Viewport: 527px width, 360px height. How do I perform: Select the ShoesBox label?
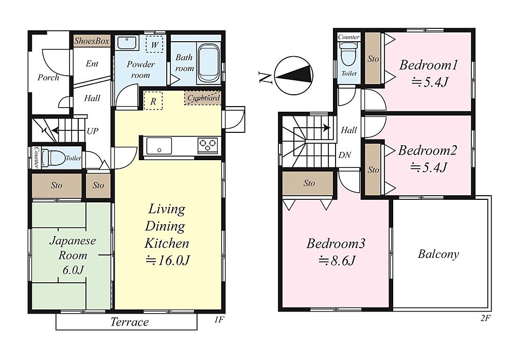coord(92,41)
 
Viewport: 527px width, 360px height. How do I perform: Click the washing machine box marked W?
coord(154,45)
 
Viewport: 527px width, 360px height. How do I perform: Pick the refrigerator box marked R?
coord(153,101)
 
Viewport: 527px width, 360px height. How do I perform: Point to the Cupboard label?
coord(203,98)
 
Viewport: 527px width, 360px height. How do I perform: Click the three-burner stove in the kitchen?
coord(208,146)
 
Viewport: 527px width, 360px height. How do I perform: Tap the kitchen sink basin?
coord(159,146)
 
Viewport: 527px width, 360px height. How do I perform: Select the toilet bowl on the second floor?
coord(349,56)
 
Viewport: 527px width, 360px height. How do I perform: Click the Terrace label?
coord(129,322)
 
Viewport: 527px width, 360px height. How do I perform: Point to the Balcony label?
coord(438,254)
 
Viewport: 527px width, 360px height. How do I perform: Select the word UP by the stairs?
coord(93,131)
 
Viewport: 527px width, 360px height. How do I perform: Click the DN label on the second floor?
coord(344,155)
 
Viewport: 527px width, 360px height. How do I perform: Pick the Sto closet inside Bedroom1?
coord(373,58)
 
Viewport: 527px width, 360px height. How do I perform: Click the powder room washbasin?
coord(127,43)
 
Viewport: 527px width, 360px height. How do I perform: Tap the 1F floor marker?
coord(219,320)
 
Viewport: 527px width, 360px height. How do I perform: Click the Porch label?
coord(48,77)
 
